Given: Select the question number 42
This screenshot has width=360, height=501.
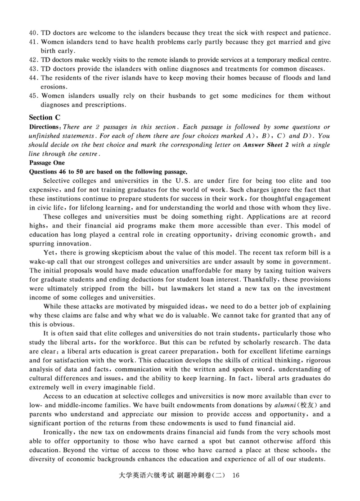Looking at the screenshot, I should pyautogui.click(x=33, y=60).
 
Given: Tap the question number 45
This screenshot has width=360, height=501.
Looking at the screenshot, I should pyautogui.click(x=33, y=96).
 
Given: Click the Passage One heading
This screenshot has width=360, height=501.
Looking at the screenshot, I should pyautogui.click(x=47, y=162).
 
